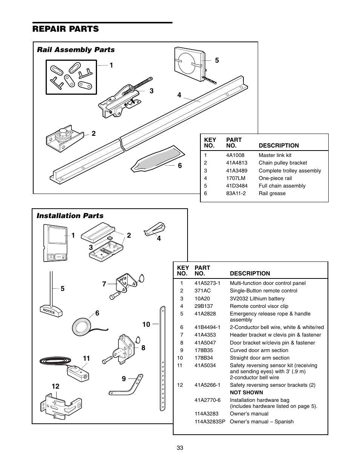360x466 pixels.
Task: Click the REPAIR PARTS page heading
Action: (66, 29)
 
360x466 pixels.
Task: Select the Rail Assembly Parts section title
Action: (75, 50)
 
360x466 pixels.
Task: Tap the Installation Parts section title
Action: (70, 216)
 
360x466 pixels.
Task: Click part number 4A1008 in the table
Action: (235, 155)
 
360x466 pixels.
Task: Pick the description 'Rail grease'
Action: (272, 193)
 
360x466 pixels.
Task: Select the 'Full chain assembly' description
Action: (282, 186)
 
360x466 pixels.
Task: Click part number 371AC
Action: (203, 291)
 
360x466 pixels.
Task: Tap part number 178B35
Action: (204, 350)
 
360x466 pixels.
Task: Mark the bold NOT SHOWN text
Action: (246, 392)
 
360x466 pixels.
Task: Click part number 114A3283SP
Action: (210, 421)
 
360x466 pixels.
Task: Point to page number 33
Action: (180, 448)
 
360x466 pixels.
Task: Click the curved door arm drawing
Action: (126, 386)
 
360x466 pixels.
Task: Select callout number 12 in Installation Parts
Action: (56, 386)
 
